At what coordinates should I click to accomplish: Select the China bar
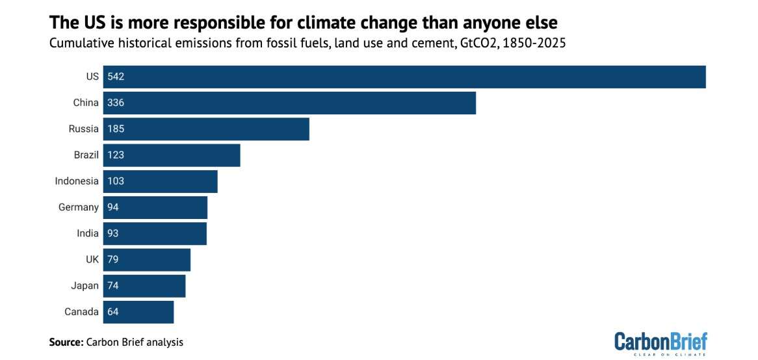point(289,103)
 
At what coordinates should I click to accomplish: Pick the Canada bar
point(138,312)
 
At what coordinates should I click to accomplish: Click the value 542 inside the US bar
point(116,77)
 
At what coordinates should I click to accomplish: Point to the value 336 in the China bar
point(116,103)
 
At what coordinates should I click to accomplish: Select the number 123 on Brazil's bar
point(116,155)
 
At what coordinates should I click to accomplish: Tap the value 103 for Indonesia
point(116,181)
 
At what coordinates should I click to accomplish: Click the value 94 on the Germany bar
point(113,207)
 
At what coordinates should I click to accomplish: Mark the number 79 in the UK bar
point(113,260)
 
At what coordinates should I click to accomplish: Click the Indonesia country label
point(77,181)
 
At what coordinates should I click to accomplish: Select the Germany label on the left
point(78,207)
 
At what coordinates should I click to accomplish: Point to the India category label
point(88,233)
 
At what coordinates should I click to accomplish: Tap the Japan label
point(85,286)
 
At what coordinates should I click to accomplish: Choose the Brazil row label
point(86,155)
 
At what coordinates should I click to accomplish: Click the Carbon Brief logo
point(660,343)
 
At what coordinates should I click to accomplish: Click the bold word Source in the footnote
point(66,342)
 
